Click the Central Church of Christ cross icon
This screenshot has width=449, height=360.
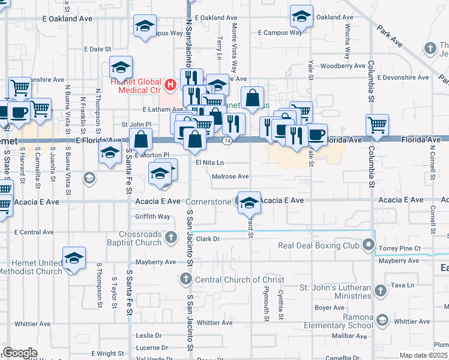[186, 279]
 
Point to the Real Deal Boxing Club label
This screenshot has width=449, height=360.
[318, 245]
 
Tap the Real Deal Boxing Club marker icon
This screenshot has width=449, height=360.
[368, 245]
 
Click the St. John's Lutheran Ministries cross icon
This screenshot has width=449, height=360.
[379, 291]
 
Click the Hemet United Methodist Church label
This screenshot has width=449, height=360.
[32, 267]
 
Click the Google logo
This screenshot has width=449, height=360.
[20, 352]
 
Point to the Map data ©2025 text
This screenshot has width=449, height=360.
[424, 355]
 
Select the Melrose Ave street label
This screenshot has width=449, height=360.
[231, 176]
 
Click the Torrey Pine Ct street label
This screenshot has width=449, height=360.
[399, 248]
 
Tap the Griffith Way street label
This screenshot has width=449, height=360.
[153, 217]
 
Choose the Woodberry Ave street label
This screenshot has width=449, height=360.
[343, 66]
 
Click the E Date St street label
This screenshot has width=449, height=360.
[98, 49]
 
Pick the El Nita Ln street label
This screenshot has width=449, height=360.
[209, 162]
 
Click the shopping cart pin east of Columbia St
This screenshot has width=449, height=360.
[378, 125]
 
